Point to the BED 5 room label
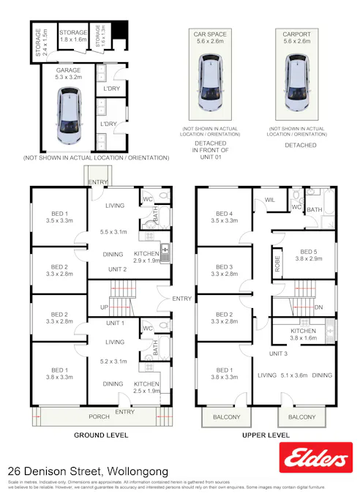pyautogui.click(x=309, y=251)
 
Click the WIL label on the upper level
pyautogui.click(x=269, y=199)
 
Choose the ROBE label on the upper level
pyautogui.click(x=277, y=264)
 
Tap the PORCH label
pyautogui.click(x=99, y=416)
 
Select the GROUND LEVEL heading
pyautogui.click(x=101, y=435)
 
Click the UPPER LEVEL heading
pyautogui.click(x=266, y=435)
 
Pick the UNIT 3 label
pyautogui.click(x=277, y=353)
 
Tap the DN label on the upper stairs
pyautogui.click(x=317, y=307)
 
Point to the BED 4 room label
pyautogui.click(x=223, y=214)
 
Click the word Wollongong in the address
pyautogui.click(x=138, y=471)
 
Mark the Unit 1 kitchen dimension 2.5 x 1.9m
pyautogui.click(x=146, y=392)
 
